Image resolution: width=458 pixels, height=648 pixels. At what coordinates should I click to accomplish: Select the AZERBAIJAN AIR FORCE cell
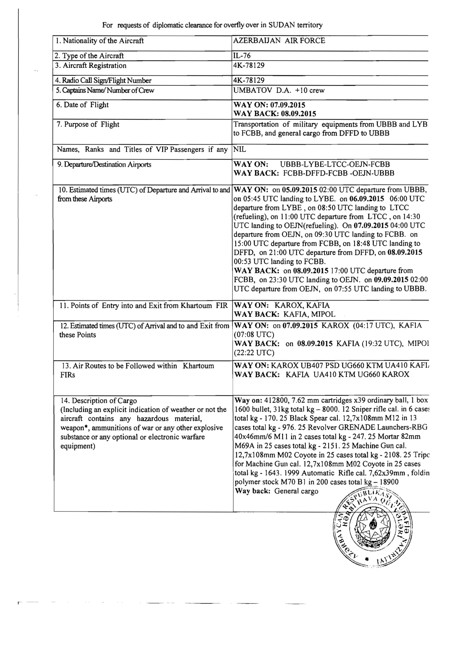tap(279, 41)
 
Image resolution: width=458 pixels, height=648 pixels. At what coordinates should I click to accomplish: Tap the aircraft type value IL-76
tap(242, 56)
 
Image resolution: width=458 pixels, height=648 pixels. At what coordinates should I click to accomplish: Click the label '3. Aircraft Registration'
tap(91, 66)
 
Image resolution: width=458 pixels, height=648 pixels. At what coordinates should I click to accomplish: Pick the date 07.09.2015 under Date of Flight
tap(288, 105)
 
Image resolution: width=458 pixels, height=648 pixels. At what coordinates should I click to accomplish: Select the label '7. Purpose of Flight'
tap(88, 125)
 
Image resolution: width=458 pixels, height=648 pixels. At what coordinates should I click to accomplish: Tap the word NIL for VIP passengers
tap(240, 150)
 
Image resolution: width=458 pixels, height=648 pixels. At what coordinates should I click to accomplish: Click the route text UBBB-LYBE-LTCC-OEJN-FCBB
tap(335, 165)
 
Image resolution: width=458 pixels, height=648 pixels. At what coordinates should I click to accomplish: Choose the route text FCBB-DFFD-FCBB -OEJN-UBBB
tap(339, 173)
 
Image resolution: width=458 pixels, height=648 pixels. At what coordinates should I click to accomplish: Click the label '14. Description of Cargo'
tap(99, 401)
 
